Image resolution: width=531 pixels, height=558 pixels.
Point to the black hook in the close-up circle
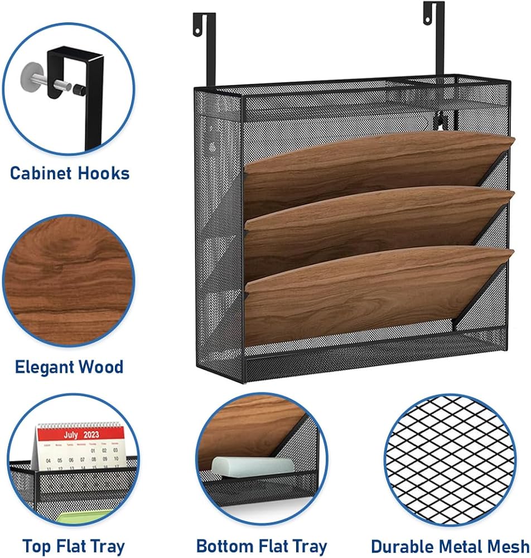click(89, 84)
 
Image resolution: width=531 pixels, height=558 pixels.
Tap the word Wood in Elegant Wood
click(102, 367)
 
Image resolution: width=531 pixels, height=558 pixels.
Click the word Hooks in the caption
click(105, 173)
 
